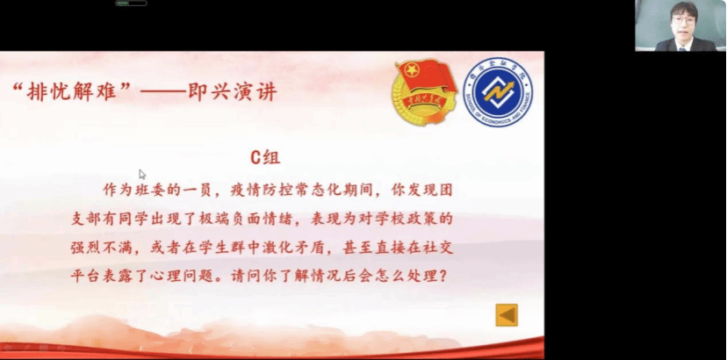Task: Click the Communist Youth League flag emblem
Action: (x=425, y=91)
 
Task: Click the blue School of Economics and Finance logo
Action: (x=498, y=92)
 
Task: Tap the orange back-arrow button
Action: (x=507, y=315)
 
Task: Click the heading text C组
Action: (x=265, y=158)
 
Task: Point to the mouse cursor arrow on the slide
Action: (x=142, y=175)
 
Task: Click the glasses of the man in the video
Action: (x=684, y=20)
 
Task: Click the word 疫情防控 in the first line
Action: (x=263, y=191)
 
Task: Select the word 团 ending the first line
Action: (x=445, y=191)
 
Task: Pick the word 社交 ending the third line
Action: (x=437, y=248)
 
